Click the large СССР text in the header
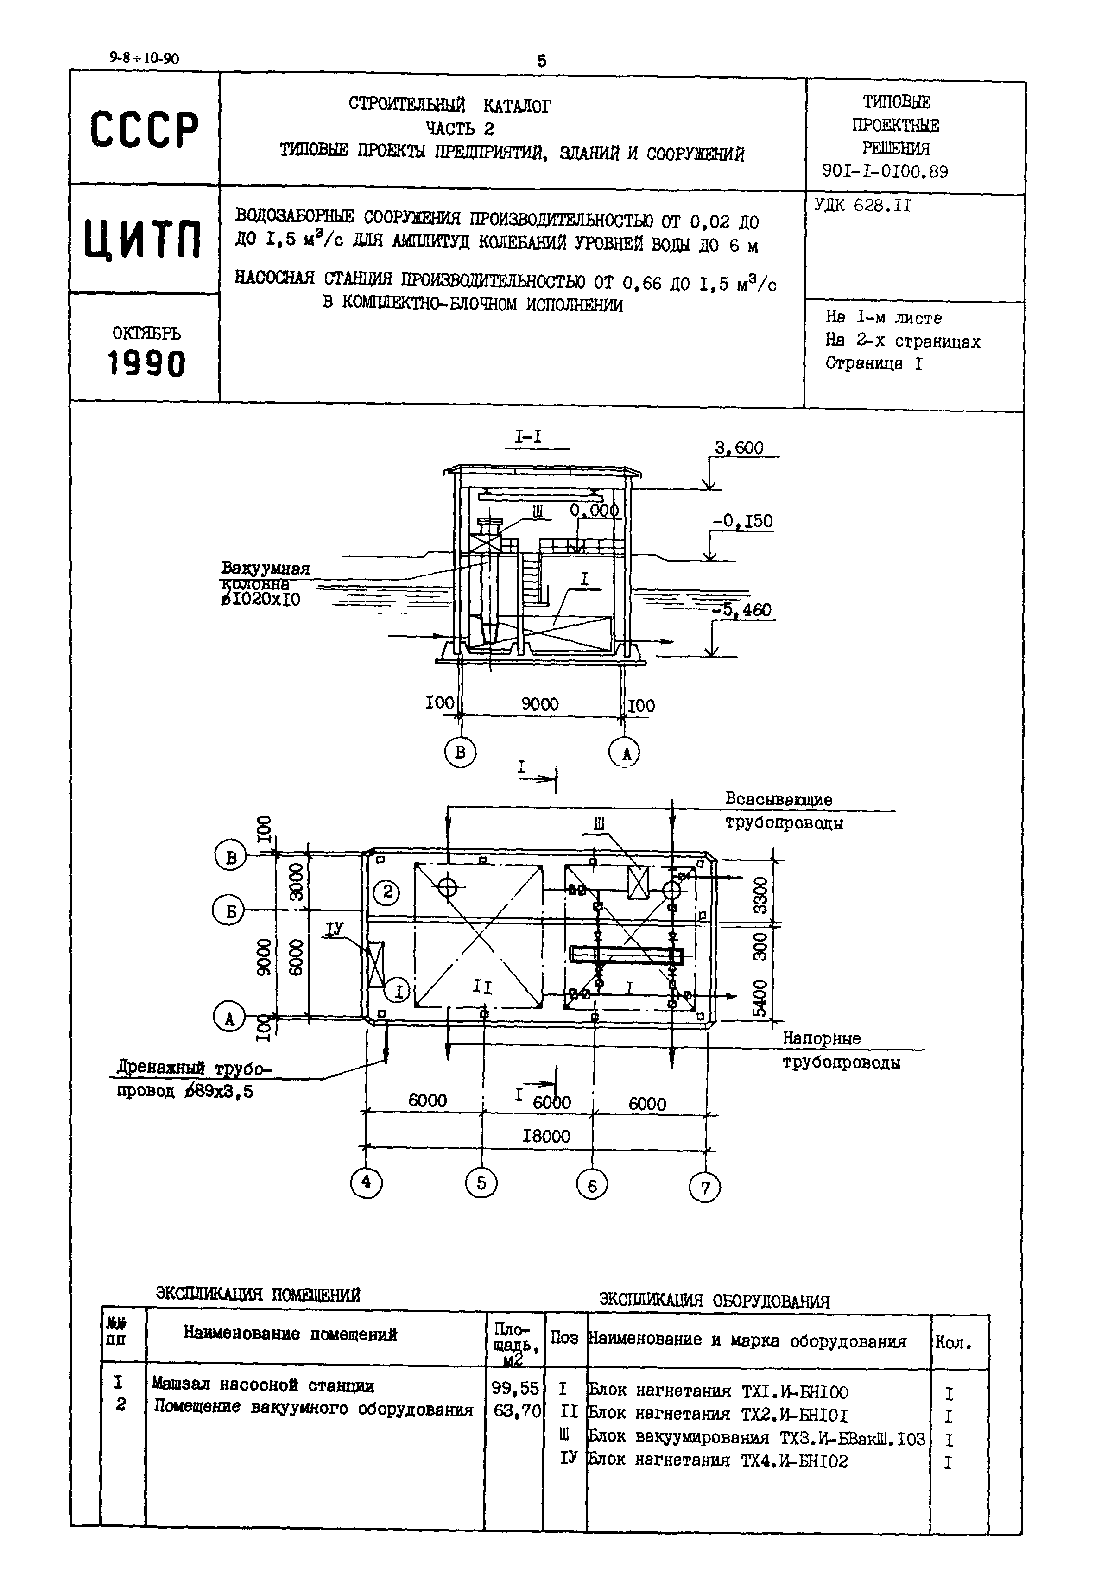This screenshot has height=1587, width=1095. click(x=144, y=130)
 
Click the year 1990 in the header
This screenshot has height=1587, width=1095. click(x=146, y=363)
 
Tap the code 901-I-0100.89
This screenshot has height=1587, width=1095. click(x=885, y=171)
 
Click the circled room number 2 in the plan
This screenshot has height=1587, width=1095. click(x=388, y=892)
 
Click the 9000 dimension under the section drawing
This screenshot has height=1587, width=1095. click(x=540, y=704)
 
